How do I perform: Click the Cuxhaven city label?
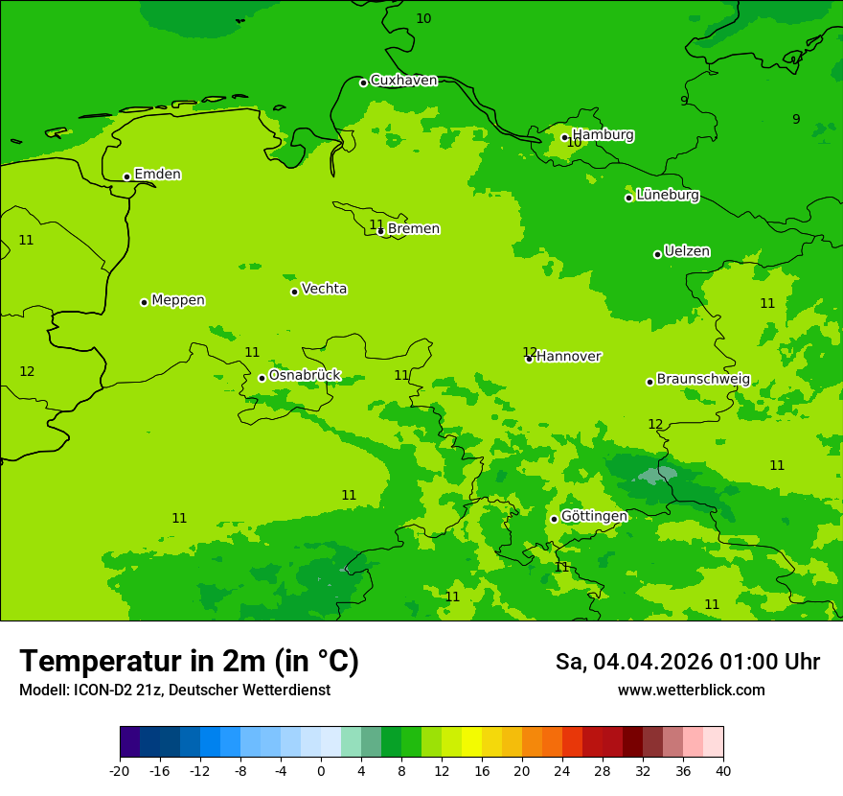coord(403,81)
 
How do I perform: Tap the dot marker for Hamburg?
coord(564,137)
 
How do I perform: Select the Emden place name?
coord(157,175)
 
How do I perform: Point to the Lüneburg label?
coord(667,195)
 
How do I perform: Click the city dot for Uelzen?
coord(657,254)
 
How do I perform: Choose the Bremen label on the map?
coord(413,229)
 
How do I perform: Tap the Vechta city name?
coord(324,289)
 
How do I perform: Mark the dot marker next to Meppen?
coord(144,302)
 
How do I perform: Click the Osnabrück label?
coord(304,375)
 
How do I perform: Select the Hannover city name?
coord(568,357)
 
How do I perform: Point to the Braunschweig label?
coord(703,379)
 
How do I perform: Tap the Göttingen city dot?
coord(554,519)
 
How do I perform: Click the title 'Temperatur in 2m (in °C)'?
coord(189,662)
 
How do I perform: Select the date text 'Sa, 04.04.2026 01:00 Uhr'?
coord(687,662)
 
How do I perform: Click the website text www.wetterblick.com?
coord(691,690)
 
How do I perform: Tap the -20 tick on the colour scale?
coord(120,770)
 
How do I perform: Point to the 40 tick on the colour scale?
coord(723,770)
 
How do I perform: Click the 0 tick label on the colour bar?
coord(321,770)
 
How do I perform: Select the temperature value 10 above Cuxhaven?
coord(423,18)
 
